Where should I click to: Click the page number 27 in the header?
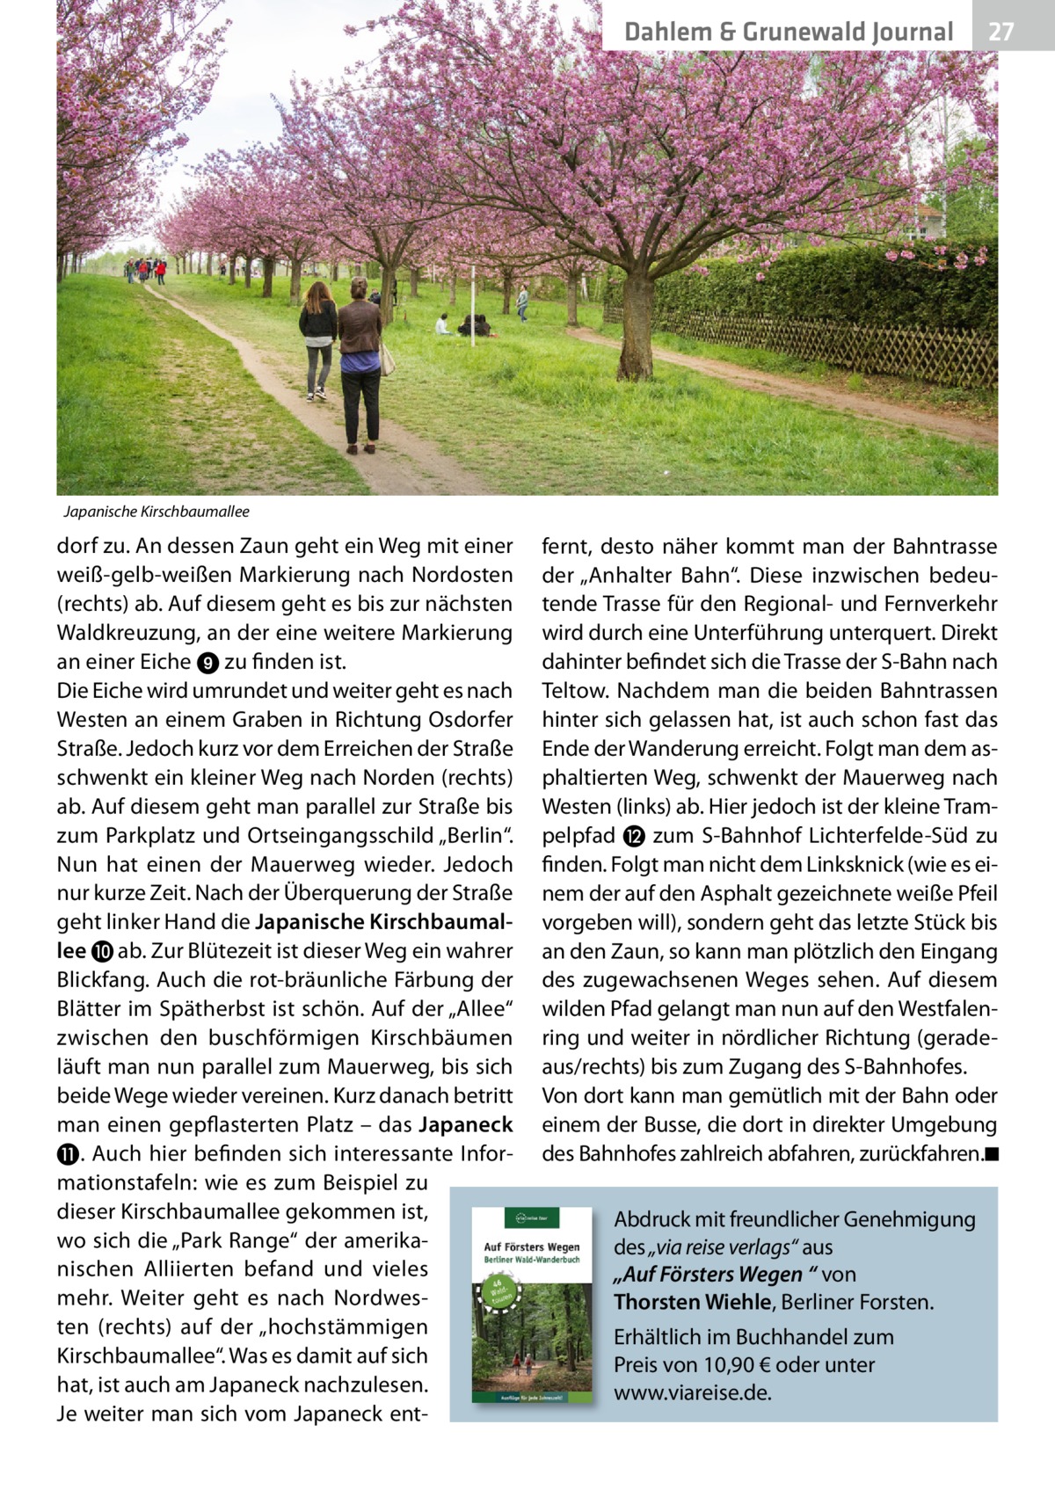(x=1000, y=33)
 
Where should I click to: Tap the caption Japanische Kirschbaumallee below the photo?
(x=156, y=512)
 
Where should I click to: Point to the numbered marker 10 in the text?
(x=99, y=952)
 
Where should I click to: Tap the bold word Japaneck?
(x=466, y=1125)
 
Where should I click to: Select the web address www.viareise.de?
(x=693, y=1394)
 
